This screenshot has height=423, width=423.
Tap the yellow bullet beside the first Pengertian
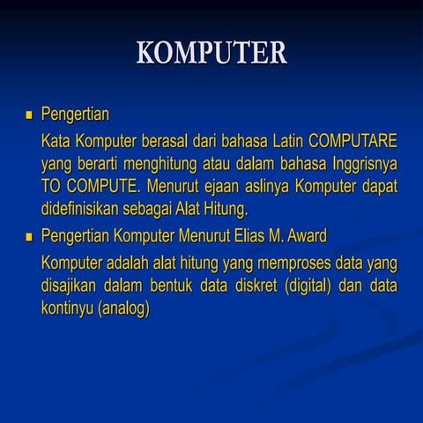coord(28,115)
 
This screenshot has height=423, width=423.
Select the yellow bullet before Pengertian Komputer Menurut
coord(28,236)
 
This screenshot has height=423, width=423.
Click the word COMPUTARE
coord(352,140)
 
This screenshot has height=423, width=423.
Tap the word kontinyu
coord(68,309)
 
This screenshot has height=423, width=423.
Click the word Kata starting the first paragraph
coord(56,140)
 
